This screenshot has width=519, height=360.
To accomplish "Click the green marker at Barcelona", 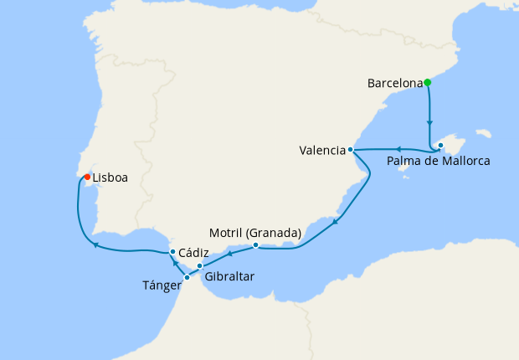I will [x=427, y=82].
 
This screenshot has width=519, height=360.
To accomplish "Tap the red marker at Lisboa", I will [x=87, y=176].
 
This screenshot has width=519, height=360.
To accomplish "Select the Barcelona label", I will [x=394, y=83].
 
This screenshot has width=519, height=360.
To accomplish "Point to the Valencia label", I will [x=322, y=151].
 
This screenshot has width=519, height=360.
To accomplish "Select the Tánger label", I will [x=162, y=285].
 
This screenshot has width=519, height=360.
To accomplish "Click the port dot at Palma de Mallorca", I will [x=440, y=146].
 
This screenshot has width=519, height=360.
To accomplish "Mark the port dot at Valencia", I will [x=351, y=150].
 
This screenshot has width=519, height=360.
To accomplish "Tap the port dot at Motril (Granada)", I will [x=255, y=245].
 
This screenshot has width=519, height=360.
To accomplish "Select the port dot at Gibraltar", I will [x=199, y=265].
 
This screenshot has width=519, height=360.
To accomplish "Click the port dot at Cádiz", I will [x=172, y=251].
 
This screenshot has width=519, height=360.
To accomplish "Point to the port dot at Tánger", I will [x=187, y=277].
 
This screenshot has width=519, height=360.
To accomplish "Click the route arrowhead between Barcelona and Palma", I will [x=429, y=121].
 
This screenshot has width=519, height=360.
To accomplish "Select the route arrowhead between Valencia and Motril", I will [x=335, y=222].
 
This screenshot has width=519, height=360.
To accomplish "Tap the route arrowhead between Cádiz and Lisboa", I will [x=96, y=245].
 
